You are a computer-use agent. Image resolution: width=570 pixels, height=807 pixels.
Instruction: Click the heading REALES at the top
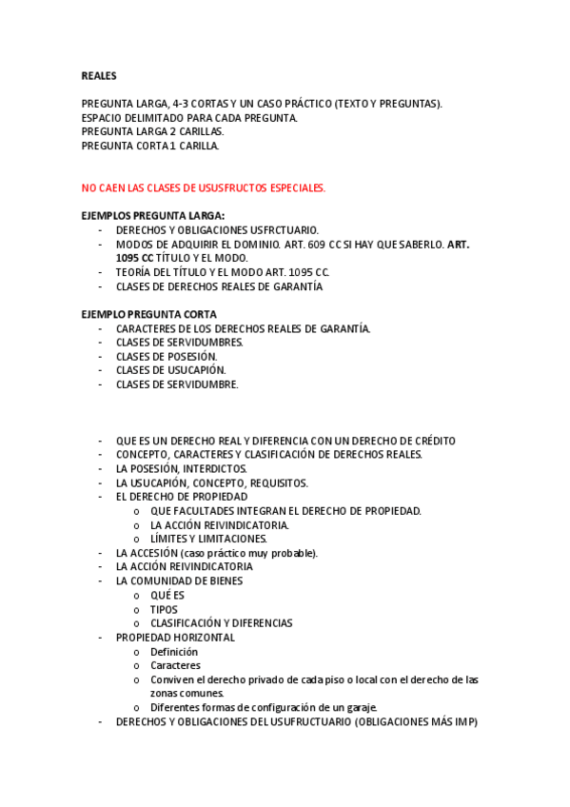coord(99,75)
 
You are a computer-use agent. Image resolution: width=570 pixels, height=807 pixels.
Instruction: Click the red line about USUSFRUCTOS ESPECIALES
coord(203,187)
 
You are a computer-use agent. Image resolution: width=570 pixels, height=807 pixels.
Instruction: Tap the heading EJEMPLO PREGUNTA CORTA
coord(148,314)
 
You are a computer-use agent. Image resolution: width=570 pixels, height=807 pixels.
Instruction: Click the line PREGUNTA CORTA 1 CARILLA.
coord(150,146)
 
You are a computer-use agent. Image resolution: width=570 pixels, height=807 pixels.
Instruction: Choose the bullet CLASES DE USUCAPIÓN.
coord(170,370)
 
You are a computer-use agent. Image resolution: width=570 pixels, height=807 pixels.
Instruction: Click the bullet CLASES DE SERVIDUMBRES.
coord(179,342)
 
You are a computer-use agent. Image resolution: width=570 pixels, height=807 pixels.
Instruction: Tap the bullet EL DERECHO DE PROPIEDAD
coord(181,497)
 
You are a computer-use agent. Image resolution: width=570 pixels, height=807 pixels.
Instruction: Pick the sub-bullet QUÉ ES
coord(167,595)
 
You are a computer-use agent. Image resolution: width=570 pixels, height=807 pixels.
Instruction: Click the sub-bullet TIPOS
coord(164,609)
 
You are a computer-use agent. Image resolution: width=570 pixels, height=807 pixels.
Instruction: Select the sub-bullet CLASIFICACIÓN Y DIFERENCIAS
coord(221,623)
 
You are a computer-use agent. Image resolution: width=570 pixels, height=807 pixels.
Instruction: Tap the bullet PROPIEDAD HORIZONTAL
coord(175,638)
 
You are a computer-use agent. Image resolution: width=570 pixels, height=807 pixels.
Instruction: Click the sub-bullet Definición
coord(174,652)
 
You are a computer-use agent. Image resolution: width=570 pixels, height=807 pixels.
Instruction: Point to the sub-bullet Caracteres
coord(175,665)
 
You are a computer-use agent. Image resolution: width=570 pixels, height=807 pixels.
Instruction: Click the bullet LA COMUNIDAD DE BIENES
coord(179,581)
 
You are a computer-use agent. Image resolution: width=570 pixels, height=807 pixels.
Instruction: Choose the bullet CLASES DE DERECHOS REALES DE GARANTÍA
coord(219,285)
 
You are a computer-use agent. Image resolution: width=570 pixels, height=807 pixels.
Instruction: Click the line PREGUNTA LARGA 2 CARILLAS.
coord(152,131)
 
